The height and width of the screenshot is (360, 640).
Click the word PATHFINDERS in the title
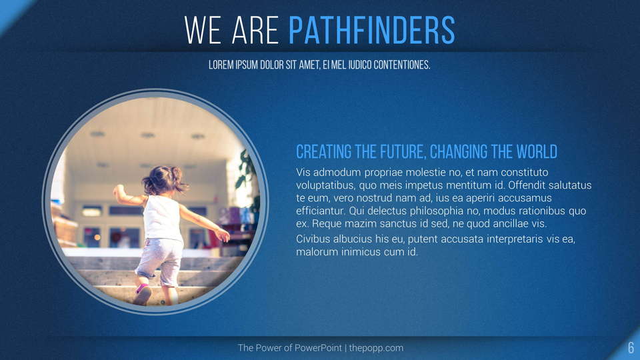[x=372, y=30]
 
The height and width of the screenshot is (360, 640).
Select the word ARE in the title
[x=255, y=30]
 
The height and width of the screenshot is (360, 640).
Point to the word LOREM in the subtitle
[x=221, y=65]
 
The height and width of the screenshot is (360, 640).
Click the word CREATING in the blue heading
[x=324, y=152]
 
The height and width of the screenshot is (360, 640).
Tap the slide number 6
[x=631, y=348]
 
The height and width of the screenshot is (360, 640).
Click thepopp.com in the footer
[x=376, y=348]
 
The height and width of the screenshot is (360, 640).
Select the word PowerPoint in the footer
[x=318, y=348]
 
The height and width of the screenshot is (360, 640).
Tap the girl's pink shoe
[x=143, y=294]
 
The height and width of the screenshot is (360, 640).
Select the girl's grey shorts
[x=160, y=261]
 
